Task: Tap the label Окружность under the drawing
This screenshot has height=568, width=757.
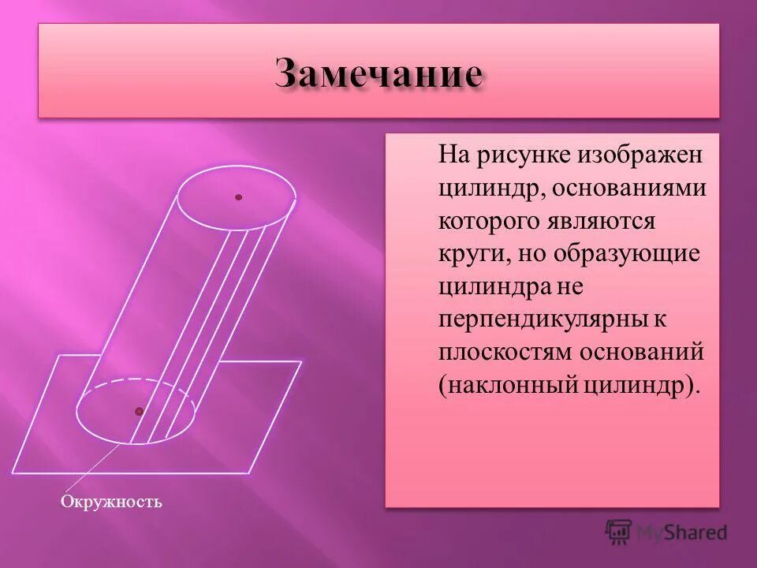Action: pos(111,502)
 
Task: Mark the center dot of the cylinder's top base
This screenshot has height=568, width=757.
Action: pos(238,197)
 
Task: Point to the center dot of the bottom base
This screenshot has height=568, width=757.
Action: pos(139,411)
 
